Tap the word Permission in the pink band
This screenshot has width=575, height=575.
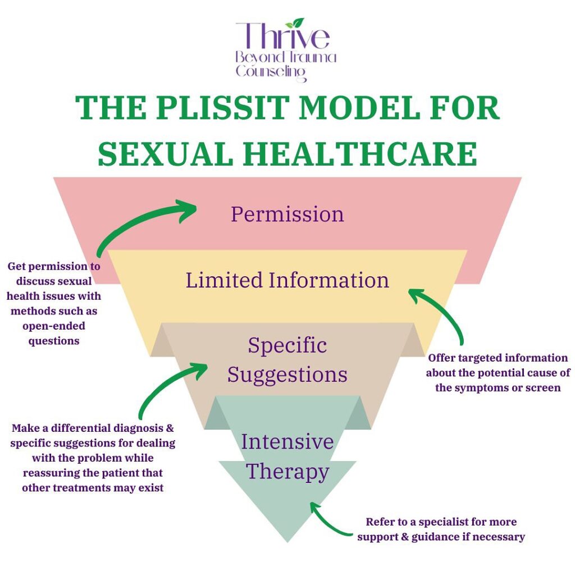(287, 214)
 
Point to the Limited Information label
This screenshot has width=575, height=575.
(287, 280)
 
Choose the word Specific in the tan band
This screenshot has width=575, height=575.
(287, 345)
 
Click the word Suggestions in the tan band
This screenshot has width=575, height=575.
(287, 374)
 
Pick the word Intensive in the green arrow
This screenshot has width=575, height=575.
(287, 442)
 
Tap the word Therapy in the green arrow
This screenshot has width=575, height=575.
(287, 471)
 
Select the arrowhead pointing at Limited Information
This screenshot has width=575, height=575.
(414, 295)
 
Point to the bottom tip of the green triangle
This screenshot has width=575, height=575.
(287, 541)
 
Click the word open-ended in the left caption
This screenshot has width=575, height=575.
(54, 326)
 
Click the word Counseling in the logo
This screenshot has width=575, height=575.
(271, 71)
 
